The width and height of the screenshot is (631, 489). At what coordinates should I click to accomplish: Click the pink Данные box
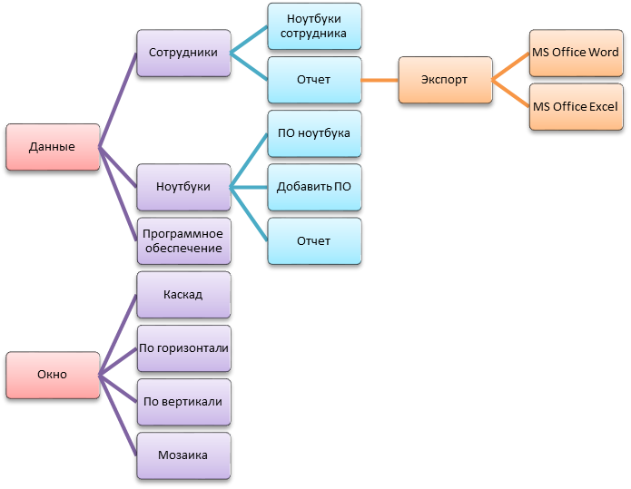pyautogui.click(x=52, y=147)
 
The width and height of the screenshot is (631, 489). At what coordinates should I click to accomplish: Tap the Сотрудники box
pyautogui.click(x=182, y=53)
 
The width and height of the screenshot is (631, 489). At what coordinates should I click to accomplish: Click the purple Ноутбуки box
pyautogui.click(x=182, y=187)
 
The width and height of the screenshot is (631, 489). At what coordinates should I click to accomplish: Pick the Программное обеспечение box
pyautogui.click(x=182, y=240)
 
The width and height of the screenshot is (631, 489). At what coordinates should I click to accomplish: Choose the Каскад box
pyautogui.click(x=182, y=295)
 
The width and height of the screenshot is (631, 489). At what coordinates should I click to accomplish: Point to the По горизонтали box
pyautogui.click(x=182, y=348)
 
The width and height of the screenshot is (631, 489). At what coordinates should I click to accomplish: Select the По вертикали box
pyautogui.click(x=182, y=401)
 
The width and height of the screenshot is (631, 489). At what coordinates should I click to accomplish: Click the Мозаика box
pyautogui.click(x=182, y=455)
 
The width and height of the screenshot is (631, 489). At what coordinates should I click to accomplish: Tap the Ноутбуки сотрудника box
pyautogui.click(x=314, y=26)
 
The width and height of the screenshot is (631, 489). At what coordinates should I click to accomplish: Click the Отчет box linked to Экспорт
pyautogui.click(x=314, y=80)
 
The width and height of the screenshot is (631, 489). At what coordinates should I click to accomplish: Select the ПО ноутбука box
pyautogui.click(x=314, y=133)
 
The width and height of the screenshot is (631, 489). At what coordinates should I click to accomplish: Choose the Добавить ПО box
pyautogui.click(x=314, y=187)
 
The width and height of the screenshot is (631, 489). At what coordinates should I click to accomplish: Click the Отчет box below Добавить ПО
pyautogui.click(x=314, y=241)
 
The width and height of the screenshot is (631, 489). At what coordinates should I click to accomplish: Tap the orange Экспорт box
pyautogui.click(x=445, y=80)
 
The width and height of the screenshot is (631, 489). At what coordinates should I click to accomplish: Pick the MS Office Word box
pyautogui.click(x=576, y=53)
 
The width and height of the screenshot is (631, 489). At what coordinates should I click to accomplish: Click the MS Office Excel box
pyautogui.click(x=576, y=107)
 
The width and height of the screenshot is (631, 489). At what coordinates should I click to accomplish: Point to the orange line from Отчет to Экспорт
pyautogui.click(x=380, y=80)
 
